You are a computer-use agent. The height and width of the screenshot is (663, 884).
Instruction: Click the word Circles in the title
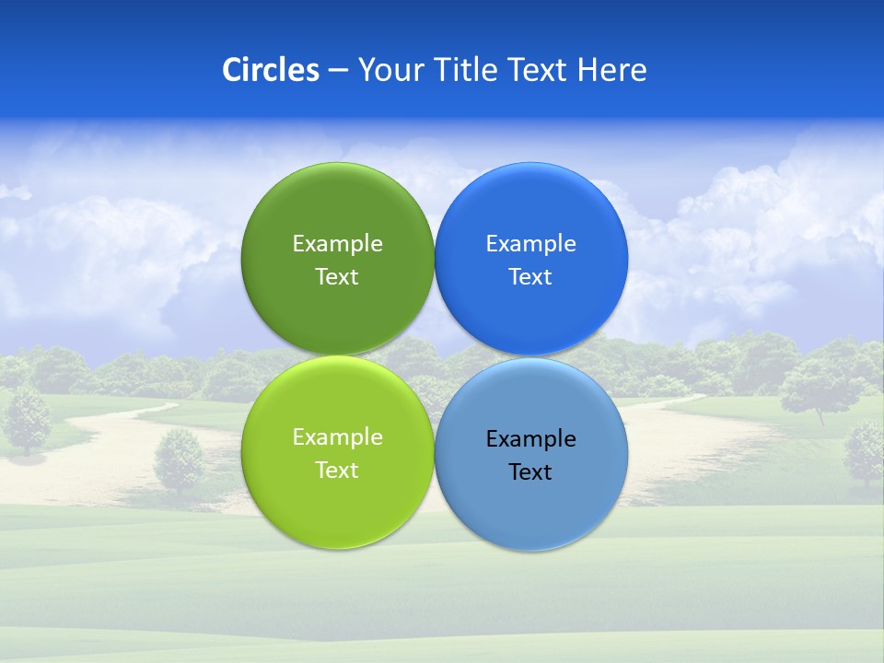click(271, 70)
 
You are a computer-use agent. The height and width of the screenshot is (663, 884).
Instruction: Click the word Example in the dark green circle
click(337, 243)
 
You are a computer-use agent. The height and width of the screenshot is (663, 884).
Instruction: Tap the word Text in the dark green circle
click(337, 276)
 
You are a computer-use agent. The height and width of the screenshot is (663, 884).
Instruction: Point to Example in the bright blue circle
click(531, 243)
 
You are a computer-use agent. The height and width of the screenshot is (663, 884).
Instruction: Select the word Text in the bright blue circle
click(531, 276)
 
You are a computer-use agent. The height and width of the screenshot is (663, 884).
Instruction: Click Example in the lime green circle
click(337, 436)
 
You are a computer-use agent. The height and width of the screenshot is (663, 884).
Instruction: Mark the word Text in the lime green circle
click(337, 470)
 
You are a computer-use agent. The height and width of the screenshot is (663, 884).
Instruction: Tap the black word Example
click(531, 438)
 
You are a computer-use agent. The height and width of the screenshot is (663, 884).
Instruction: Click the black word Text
click(531, 471)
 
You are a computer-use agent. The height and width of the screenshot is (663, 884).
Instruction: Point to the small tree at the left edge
click(28, 419)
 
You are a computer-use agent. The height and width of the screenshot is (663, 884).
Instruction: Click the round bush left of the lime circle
click(180, 459)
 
